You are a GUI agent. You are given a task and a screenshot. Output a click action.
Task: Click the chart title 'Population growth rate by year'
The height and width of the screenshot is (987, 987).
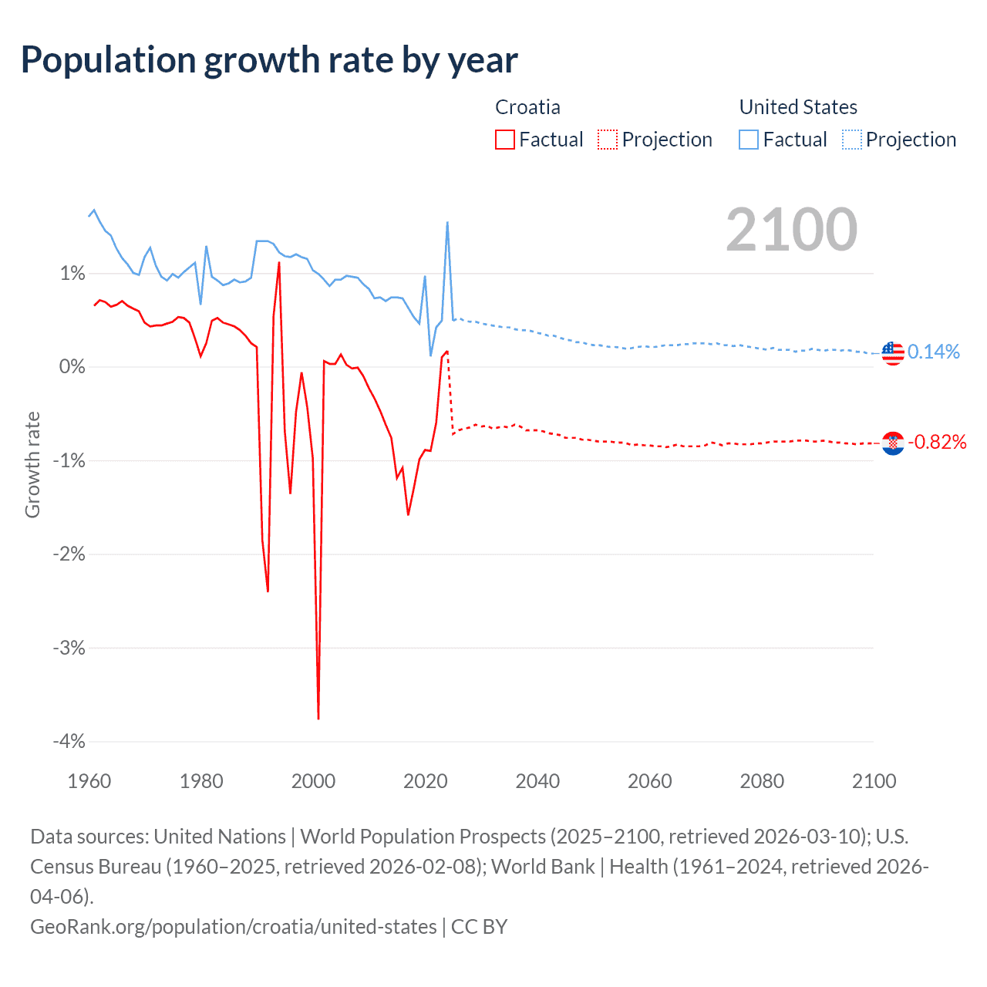(x=269, y=60)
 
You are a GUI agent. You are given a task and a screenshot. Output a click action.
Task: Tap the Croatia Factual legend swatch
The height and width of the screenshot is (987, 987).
(x=505, y=140)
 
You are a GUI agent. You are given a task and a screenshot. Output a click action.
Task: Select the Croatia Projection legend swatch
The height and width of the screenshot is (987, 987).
(x=608, y=140)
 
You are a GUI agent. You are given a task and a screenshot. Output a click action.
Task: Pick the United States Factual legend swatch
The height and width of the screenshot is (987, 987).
(x=749, y=140)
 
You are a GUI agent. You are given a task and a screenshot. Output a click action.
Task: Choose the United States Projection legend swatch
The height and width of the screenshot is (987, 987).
(x=852, y=140)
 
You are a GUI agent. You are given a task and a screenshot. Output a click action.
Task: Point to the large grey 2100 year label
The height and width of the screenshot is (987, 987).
(x=791, y=230)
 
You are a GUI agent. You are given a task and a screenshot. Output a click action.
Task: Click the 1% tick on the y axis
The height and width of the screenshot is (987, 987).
(x=72, y=274)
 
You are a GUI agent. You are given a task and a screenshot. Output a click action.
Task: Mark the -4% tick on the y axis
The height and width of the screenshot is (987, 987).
(x=69, y=741)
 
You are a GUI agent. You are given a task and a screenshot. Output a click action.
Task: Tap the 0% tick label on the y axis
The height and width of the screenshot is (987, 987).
(x=72, y=367)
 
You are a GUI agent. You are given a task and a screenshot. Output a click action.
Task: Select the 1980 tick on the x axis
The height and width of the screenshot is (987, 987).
(x=201, y=781)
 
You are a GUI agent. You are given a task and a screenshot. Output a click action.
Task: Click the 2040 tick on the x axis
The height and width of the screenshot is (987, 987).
(x=537, y=781)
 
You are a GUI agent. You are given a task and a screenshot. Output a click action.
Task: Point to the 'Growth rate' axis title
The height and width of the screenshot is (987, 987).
(x=32, y=465)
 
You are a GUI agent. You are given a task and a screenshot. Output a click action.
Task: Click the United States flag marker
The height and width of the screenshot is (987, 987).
(x=893, y=353)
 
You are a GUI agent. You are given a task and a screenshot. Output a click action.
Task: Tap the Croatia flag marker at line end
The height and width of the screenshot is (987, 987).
(x=893, y=443)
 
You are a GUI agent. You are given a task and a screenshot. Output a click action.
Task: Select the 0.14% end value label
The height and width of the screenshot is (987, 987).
(x=934, y=352)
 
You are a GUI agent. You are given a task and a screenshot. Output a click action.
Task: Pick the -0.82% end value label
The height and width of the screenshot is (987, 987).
(x=937, y=442)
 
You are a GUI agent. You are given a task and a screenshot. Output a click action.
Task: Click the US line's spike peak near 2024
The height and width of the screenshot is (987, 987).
(x=447, y=223)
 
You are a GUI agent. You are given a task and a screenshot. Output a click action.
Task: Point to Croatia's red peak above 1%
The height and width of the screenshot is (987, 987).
(x=279, y=263)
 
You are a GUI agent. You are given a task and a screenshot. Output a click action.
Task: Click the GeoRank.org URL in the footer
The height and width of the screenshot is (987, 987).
(x=233, y=926)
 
